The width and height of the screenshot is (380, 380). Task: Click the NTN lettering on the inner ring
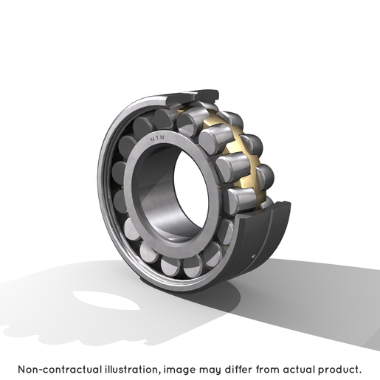(x=157, y=138)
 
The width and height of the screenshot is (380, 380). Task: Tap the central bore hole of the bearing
(x=191, y=190)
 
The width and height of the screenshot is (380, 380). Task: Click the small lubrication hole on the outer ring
(x=254, y=256)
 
